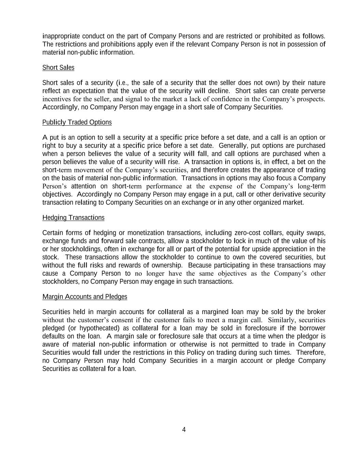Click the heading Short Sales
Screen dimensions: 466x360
[58, 68]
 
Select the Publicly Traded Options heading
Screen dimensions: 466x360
[77, 122]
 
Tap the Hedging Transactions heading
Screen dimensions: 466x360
[73, 217]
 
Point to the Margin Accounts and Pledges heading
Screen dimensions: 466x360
[85, 297]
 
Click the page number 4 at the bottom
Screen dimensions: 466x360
[184, 429]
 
